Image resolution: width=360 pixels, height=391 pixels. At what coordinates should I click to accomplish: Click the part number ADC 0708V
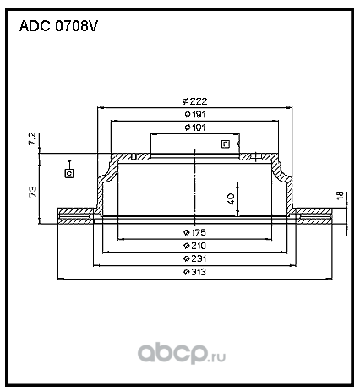point(58,26)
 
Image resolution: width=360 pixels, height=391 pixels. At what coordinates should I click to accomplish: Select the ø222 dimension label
point(194,101)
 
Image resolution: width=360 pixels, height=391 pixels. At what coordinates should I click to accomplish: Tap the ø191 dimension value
point(195,114)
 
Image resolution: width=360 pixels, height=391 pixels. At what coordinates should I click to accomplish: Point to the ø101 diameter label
point(195,128)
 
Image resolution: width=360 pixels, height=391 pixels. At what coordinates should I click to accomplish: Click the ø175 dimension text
point(194,232)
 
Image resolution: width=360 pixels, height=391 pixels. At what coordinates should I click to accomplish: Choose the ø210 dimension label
point(194,246)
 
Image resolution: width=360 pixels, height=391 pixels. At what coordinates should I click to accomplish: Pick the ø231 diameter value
point(194,258)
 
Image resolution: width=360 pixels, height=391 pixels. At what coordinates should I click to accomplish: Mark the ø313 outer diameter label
point(194,272)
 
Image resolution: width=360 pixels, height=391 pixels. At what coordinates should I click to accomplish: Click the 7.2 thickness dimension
point(33,138)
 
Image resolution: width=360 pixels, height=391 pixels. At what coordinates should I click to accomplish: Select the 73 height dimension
point(33,192)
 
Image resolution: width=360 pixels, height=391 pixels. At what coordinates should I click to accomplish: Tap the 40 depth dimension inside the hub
point(231,198)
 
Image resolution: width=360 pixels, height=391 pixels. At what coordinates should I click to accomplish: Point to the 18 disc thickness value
point(341,195)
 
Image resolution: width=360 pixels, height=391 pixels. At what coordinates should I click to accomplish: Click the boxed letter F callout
point(225,144)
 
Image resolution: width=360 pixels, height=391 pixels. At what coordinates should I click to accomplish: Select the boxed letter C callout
point(69,173)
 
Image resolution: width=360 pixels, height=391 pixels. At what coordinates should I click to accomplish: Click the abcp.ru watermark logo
point(182,353)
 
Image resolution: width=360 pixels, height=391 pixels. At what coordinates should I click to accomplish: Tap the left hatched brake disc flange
point(75,216)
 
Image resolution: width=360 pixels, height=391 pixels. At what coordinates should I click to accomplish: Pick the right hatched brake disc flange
point(314,216)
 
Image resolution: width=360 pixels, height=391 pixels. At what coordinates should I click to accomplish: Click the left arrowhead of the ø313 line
point(60,279)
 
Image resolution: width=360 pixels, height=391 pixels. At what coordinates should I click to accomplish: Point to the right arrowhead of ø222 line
point(290,107)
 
